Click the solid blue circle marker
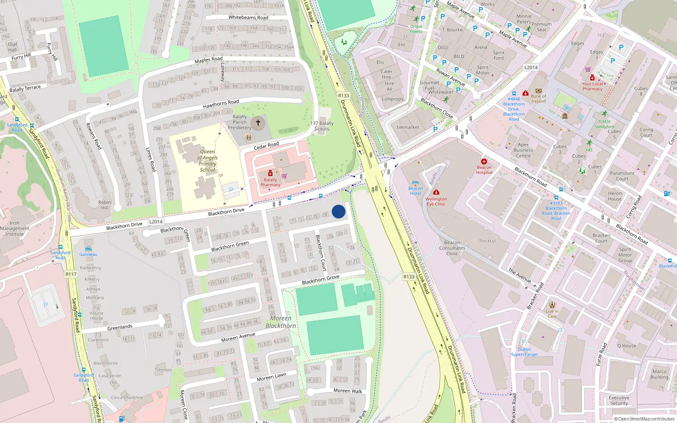click(x=338, y=211)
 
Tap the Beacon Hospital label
click(x=484, y=170)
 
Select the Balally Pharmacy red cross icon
click(x=270, y=173)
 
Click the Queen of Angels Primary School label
click(x=207, y=161)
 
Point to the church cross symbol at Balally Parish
click(x=258, y=123)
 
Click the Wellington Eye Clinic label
click(x=436, y=201)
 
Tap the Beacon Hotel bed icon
click(x=415, y=183)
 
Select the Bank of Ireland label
click(x=538, y=99)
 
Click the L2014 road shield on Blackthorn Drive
click(x=156, y=222)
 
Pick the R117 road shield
click(x=71, y=274)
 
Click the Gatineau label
click(x=88, y=254)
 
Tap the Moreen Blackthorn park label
click(x=281, y=322)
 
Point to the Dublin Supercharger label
click(x=524, y=352)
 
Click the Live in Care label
click(x=552, y=313)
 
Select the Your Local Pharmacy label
click(x=592, y=86)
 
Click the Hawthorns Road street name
click(x=221, y=104)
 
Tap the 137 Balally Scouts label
click(x=322, y=126)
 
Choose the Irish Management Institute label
click(x=14, y=228)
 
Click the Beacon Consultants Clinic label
click(x=452, y=248)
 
